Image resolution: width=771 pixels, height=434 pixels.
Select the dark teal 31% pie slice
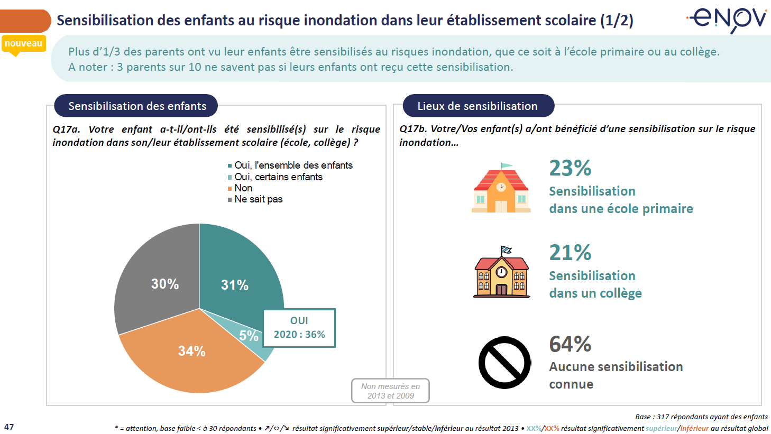point(238,275)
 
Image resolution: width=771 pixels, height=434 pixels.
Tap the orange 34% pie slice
point(190,354)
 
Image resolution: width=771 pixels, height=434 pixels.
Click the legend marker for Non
point(230,189)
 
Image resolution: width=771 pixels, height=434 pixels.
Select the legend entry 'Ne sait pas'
point(258,199)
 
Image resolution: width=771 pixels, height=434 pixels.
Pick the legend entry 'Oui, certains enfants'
point(278,177)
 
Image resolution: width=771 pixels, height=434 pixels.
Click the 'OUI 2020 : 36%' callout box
point(299,328)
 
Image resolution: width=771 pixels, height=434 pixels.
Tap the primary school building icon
point(501,188)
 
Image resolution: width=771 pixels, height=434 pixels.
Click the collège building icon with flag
point(501,272)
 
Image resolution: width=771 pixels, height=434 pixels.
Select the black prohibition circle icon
point(504,363)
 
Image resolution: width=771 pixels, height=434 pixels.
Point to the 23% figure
point(570,168)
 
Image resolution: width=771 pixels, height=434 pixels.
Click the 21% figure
point(570,253)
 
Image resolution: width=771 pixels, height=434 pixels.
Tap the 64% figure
point(570,344)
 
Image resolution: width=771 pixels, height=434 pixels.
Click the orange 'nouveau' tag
point(23,43)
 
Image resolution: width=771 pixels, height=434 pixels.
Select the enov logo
point(727,20)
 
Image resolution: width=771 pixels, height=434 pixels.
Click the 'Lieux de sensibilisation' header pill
point(478,106)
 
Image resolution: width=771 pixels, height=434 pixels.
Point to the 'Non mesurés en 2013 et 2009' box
point(390,391)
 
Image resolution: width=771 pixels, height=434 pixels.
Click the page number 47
point(9,427)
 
